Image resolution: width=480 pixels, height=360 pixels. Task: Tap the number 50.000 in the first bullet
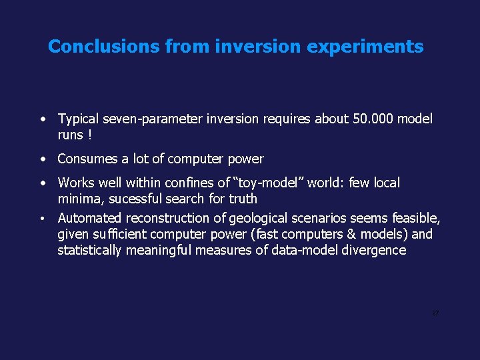372,119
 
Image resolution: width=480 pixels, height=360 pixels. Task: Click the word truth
243,199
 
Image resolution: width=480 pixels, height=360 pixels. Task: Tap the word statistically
89,250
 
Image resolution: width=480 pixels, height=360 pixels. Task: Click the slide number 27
435,313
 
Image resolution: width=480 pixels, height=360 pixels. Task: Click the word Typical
78,119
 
